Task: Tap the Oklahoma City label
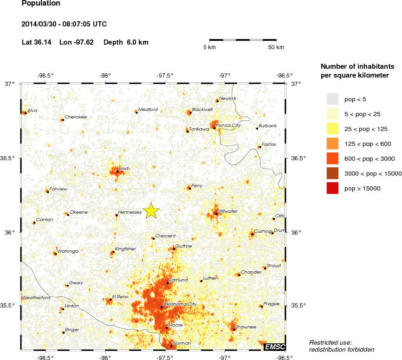[181, 304]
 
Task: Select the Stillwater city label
[227, 211]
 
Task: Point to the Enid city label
[123, 168]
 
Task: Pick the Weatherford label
[36, 297]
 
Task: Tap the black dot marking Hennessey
[117, 215]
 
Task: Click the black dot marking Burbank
[257, 128]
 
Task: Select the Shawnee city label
[246, 327]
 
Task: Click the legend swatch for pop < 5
[332, 99]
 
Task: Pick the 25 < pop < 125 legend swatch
[332, 144]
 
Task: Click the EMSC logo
[274, 347]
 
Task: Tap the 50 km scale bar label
[276, 47]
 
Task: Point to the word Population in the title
[41, 3]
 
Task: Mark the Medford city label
[149, 110]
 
